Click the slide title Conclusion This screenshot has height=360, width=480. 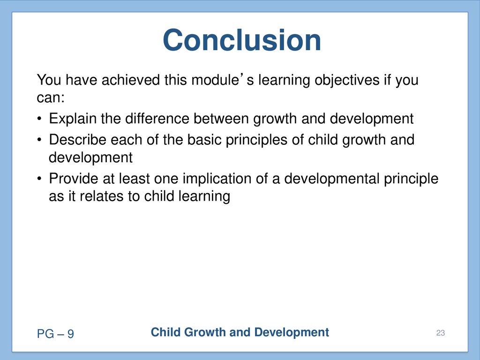tap(242, 40)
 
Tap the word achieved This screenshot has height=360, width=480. tap(131, 80)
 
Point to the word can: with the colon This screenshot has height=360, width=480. tap(51, 97)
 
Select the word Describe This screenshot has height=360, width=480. tap(78, 140)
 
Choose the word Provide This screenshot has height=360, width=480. tap(74, 179)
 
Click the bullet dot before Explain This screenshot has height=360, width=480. tap(39, 119)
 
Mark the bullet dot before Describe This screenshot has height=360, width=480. tap(39, 140)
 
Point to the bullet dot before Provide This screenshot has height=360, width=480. tap(39, 179)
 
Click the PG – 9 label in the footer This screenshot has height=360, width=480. tap(55, 334)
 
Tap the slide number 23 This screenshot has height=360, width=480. tap(441, 333)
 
